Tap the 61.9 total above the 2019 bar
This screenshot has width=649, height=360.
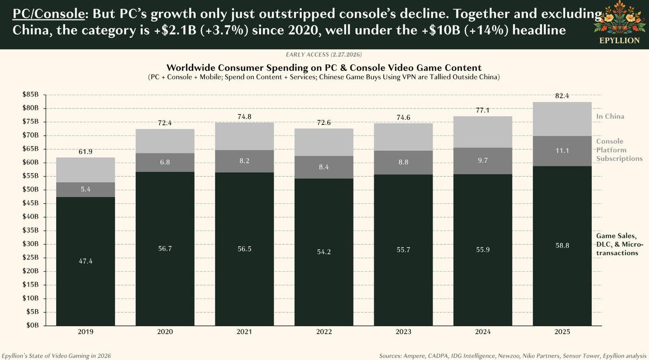coord(86,152)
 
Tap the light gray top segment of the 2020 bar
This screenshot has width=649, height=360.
coord(165,141)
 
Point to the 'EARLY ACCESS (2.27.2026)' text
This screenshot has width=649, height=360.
coord(325,56)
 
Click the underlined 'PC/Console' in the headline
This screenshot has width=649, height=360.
coord(43,13)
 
